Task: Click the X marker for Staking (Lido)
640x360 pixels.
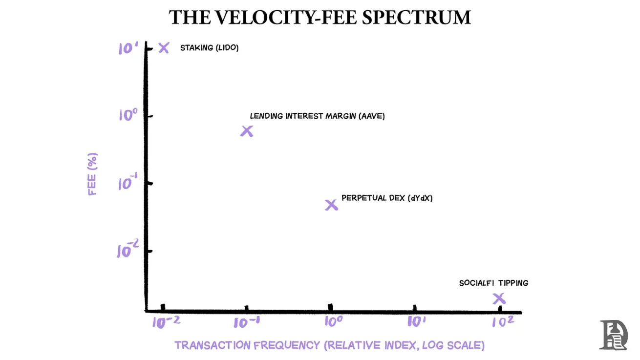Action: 164,48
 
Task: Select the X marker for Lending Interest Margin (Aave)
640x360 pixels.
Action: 247,131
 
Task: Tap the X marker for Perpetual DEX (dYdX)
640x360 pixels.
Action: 331,205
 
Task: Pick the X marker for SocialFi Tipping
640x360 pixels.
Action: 499,298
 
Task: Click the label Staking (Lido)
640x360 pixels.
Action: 209,48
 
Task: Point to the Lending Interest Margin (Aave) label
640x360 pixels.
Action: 317,116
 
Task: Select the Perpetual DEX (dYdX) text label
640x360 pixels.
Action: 387,198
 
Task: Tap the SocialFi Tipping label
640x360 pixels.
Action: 493,283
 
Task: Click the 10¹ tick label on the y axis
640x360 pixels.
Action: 128,48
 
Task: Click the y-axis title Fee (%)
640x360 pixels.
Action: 93,174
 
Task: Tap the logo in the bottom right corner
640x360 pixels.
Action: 613,335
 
